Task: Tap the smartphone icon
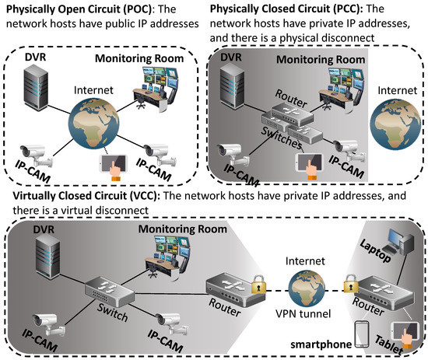click(360, 335)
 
